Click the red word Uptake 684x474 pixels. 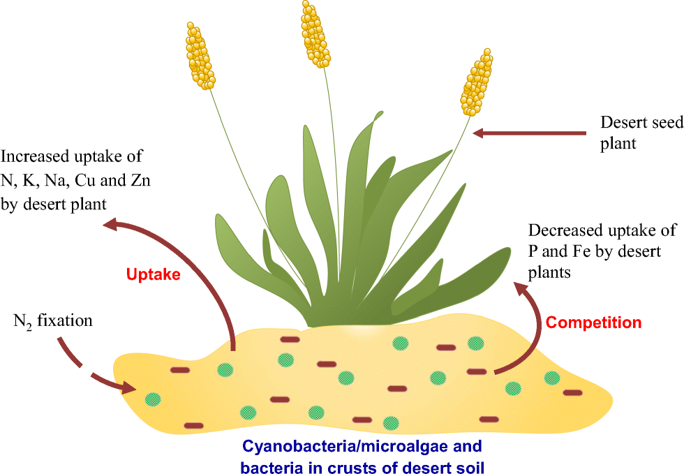[154, 274]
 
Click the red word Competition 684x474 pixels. [593, 323]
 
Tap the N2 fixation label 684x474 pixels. [53, 322]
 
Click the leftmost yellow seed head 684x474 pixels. [200, 55]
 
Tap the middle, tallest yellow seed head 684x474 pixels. [315, 34]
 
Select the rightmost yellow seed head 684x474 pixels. [477, 82]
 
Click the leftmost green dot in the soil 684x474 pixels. [153, 399]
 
